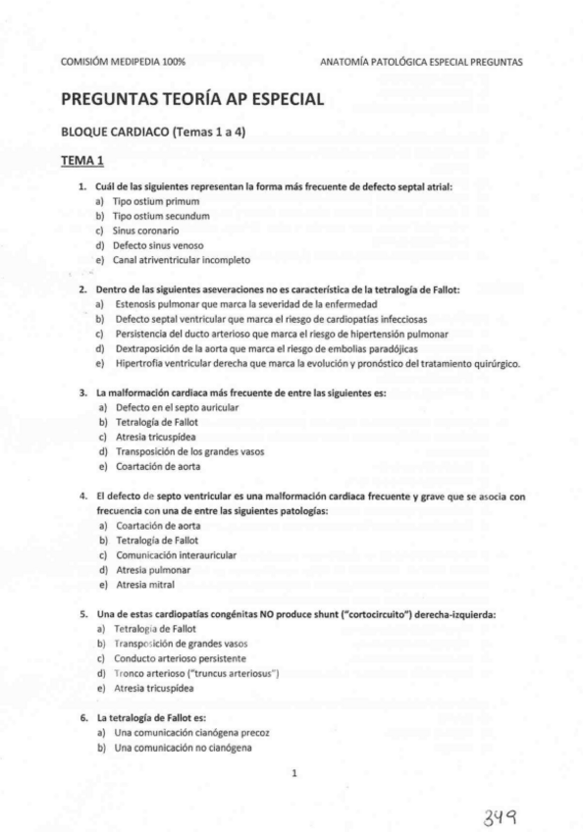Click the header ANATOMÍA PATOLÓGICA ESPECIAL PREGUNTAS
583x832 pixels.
(x=421, y=61)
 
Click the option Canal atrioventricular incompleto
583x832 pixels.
(x=182, y=260)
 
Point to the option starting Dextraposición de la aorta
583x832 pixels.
(x=265, y=348)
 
